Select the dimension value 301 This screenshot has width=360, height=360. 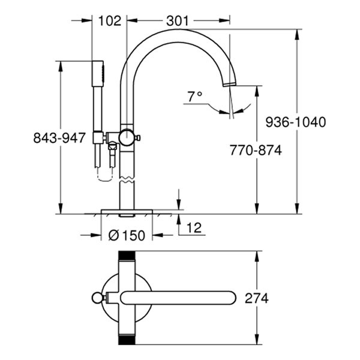tap(178, 20)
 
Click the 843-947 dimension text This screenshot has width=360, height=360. tap(59, 138)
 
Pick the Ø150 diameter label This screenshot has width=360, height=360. tap(127, 235)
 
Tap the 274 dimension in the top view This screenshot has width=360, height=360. tap(256, 298)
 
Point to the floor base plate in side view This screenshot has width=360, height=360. tap(127, 212)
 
